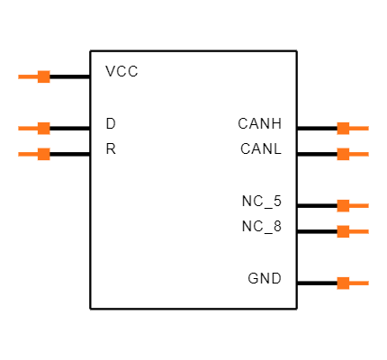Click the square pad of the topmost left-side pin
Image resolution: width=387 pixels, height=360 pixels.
43,76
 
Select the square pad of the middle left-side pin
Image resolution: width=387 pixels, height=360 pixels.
43,128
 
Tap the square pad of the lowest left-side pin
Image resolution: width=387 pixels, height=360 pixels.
43,154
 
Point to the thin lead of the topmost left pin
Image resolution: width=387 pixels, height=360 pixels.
28,76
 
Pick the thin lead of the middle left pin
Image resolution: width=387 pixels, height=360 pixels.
28,128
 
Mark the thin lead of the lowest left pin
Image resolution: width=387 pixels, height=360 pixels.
28,154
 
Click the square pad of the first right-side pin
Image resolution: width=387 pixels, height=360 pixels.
343,128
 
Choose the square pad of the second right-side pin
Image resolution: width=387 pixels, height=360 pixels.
343,154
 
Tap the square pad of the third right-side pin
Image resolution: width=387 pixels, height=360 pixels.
343,205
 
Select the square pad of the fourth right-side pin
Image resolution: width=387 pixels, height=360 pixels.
343,231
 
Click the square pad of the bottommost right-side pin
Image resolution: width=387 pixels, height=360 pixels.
343,283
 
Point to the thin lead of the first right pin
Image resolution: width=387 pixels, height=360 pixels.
359,128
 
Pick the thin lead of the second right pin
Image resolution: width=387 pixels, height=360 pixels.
359,154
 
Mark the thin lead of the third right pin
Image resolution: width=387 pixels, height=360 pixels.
359,205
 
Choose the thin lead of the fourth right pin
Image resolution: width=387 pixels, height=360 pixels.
359,231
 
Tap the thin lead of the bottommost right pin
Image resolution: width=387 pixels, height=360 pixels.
359,283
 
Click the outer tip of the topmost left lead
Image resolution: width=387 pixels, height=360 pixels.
19,76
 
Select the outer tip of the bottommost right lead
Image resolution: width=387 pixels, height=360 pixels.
367,283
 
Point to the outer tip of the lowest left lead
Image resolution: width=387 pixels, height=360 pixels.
19,154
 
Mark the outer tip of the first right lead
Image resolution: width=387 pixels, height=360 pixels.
367,128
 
